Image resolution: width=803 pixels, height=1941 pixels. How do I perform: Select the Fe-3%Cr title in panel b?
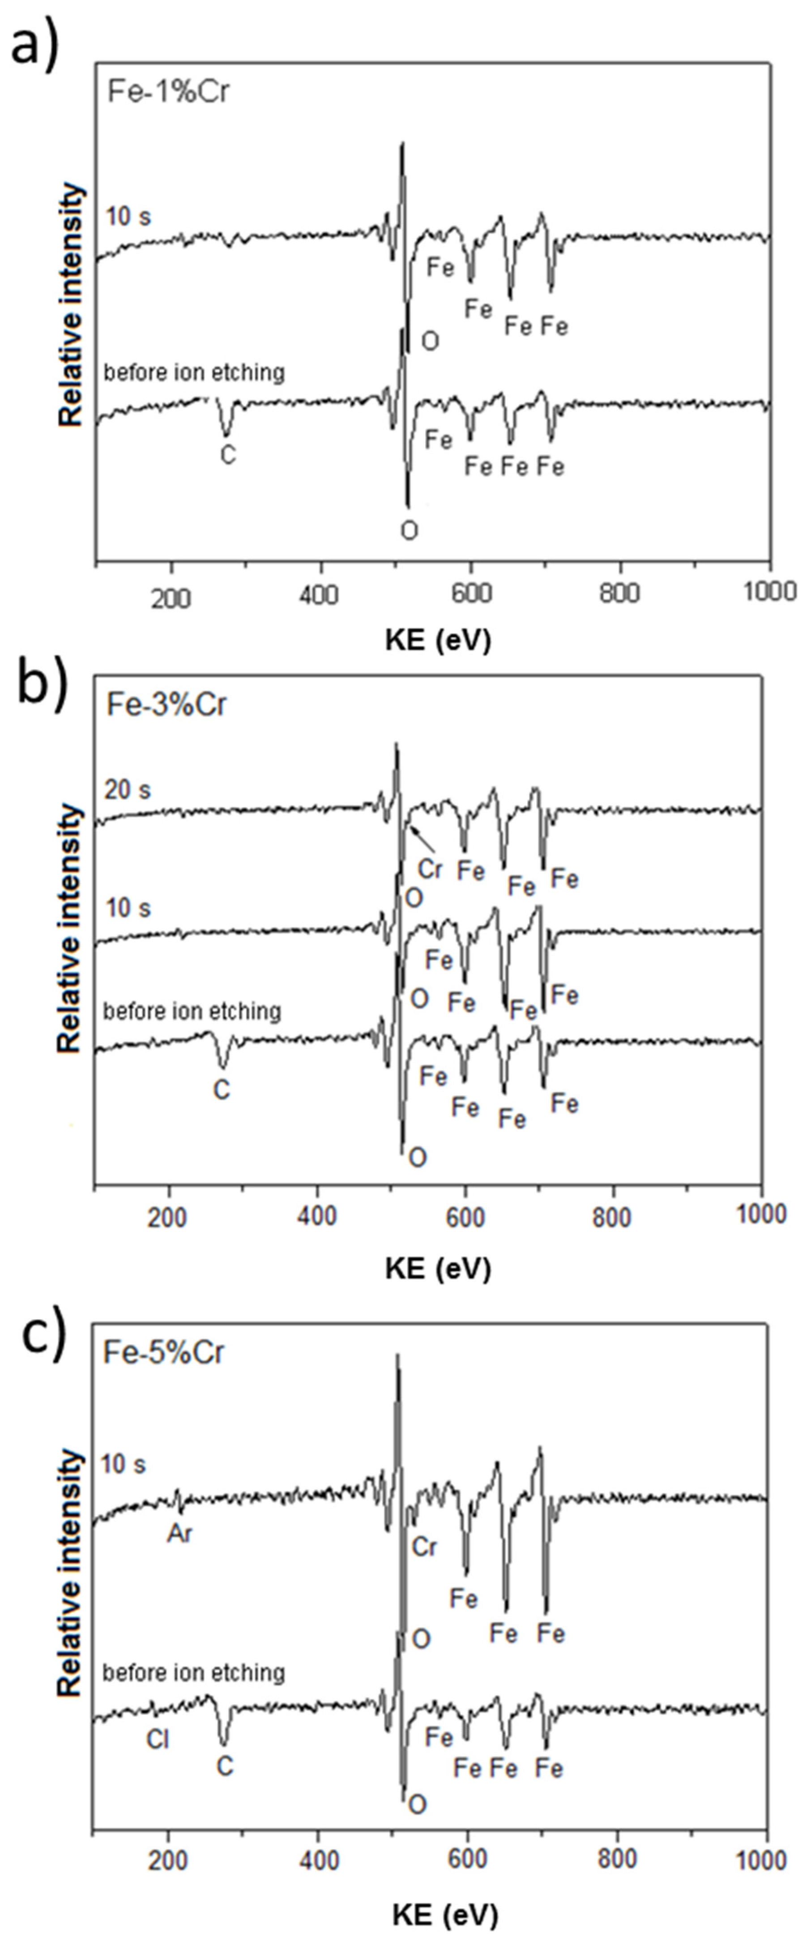(166, 705)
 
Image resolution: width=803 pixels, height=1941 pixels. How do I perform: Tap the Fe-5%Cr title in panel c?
(163, 1352)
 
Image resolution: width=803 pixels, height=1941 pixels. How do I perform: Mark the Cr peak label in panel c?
(424, 1547)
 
